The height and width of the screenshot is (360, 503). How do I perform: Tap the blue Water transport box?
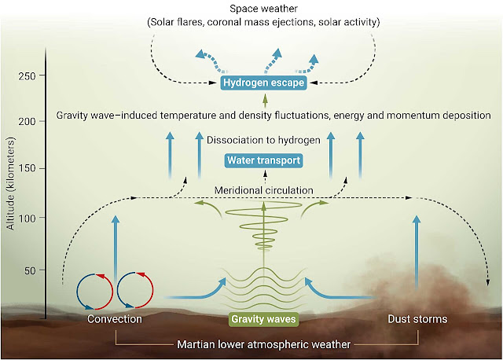point(264,161)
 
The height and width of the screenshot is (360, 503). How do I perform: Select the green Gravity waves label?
point(264,320)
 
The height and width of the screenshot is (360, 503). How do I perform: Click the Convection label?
point(115,320)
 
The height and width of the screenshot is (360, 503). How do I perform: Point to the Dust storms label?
point(417,320)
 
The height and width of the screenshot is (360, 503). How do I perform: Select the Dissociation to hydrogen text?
point(265,141)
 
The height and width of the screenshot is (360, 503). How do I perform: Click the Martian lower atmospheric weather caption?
point(264,343)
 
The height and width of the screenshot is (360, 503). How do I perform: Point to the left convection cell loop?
point(95,291)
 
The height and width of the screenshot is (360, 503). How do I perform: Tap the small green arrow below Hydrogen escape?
point(265,100)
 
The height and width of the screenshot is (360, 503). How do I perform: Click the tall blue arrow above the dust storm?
point(417,252)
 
